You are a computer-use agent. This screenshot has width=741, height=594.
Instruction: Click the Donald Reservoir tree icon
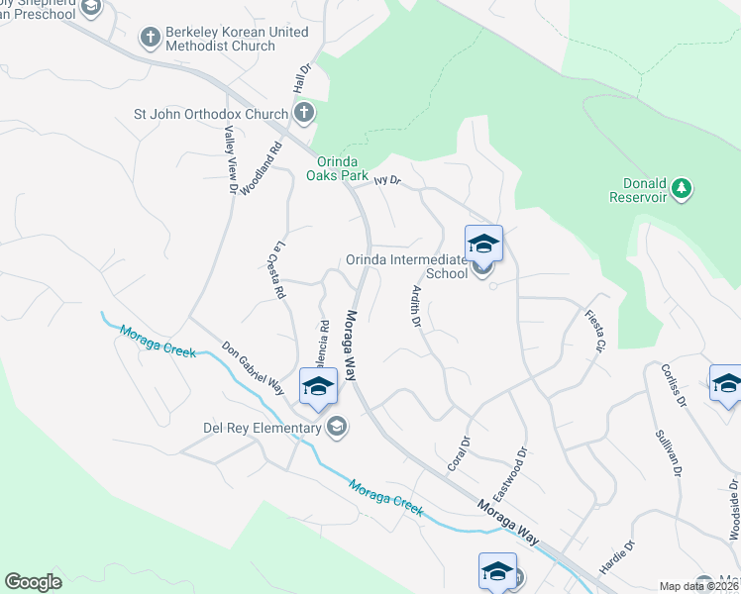coord(681,186)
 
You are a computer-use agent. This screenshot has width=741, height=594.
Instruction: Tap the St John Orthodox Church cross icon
coord(303,114)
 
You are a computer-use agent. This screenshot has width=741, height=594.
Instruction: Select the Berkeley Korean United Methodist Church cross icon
coord(150,39)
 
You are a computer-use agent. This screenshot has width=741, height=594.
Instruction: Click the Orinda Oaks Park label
coord(336,168)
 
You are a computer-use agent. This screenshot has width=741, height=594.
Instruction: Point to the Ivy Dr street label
coord(386,181)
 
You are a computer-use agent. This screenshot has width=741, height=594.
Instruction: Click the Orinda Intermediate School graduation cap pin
coord(483,244)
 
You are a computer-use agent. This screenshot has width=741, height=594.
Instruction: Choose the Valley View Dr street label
coord(231,160)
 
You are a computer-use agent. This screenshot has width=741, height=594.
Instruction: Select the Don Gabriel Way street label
coord(254,367)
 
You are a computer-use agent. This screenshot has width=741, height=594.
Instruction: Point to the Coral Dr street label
coord(458,451)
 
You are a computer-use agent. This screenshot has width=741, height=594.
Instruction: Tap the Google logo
coord(34,582)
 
